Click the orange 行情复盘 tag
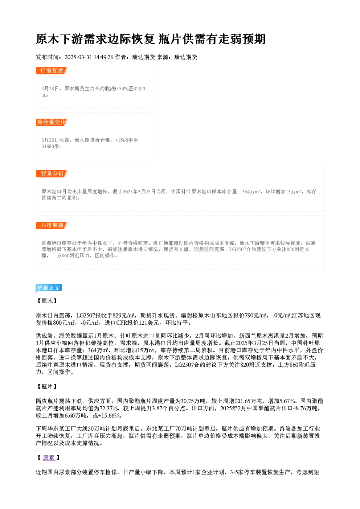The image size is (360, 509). (52, 71)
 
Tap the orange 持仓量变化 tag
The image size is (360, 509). (52, 122)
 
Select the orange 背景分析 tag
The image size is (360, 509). (52, 174)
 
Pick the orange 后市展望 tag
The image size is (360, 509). (52, 225)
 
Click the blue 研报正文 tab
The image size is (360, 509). (49, 288)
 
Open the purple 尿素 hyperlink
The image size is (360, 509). (49, 457)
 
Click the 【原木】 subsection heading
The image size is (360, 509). (47, 301)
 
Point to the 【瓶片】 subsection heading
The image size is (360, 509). (47, 386)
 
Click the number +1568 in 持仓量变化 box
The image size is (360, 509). (122, 140)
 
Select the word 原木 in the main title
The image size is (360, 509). (48, 39)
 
